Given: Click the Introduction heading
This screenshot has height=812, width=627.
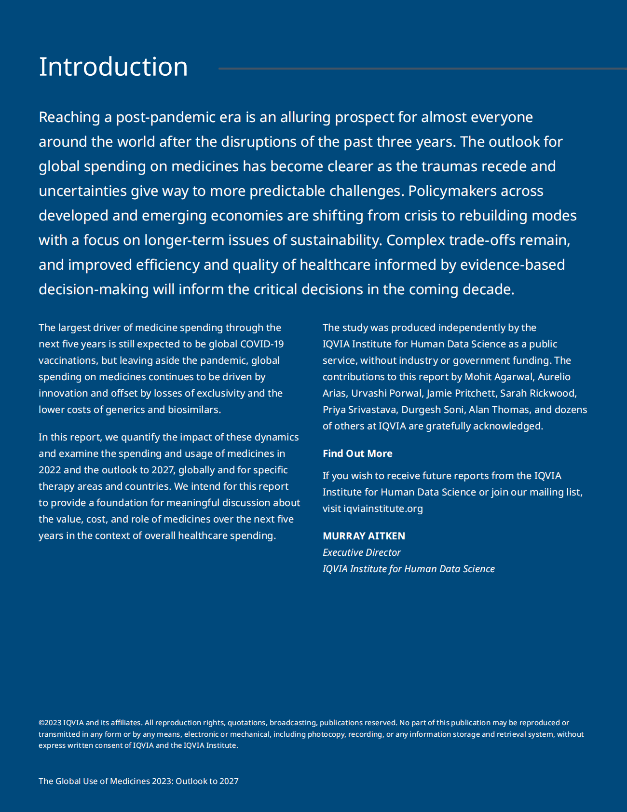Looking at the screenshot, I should pos(113,67).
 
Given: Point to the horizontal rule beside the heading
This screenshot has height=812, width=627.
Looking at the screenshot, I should pos(422,69).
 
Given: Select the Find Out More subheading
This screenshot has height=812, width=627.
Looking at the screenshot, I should pos(357,454).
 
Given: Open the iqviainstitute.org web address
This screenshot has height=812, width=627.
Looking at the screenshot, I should pos(383,509).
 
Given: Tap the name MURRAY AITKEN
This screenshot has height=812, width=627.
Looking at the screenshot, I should pos(364,536).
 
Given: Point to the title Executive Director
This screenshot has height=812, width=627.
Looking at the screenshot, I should pos(362,552).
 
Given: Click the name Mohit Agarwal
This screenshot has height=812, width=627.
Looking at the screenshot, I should pos(499,377).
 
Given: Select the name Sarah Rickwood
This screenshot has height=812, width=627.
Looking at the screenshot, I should pos(538,393).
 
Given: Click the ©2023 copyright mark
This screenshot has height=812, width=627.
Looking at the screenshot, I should pos(50,723).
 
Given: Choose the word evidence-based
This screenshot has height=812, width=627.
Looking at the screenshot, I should pos(513,265).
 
